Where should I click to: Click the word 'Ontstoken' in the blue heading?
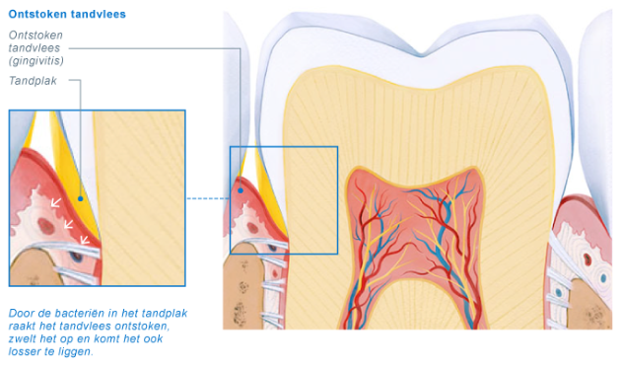pyautogui.click(x=36, y=15)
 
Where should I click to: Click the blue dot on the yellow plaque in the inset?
pyautogui.click(x=80, y=198)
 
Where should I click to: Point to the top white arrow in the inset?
pyautogui.click(x=55, y=203)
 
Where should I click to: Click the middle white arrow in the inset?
pyautogui.click(x=68, y=224)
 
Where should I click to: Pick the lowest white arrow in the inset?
pyautogui.click(x=84, y=239)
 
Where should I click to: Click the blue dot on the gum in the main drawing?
pyautogui.click(x=240, y=189)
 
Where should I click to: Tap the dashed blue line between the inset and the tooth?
pyautogui.click(x=207, y=198)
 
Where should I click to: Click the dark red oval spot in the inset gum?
pyautogui.click(x=45, y=226)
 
